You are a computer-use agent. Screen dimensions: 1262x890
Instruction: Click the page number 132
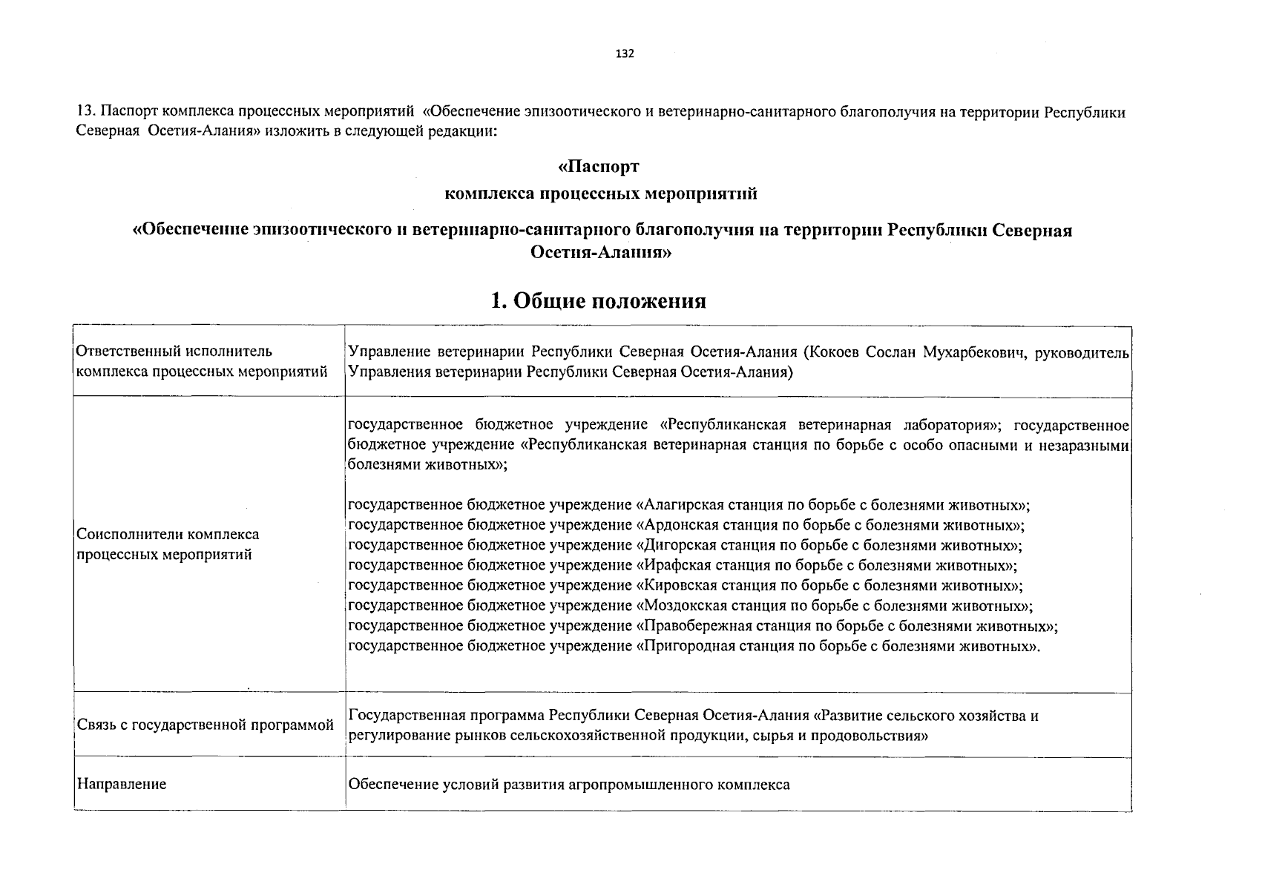coord(625,53)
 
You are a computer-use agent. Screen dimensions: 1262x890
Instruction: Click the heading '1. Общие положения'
coord(598,300)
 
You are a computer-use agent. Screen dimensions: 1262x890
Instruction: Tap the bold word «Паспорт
coord(598,167)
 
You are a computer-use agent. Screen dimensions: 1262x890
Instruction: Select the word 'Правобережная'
coord(691,626)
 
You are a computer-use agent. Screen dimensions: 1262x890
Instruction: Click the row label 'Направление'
coord(122,784)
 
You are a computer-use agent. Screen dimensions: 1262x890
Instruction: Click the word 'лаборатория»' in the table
coord(953,425)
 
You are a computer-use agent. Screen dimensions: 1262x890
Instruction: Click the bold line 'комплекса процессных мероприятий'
coord(600,194)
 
